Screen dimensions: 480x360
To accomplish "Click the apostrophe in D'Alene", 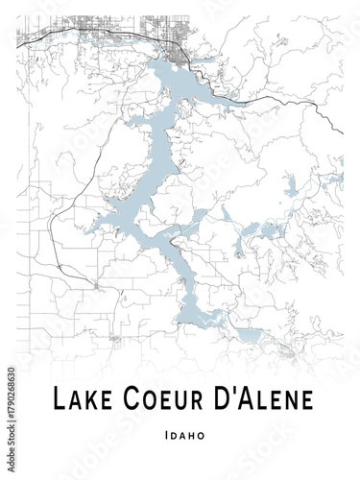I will pos(226,392).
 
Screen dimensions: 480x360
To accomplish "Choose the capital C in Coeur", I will pos(123,398).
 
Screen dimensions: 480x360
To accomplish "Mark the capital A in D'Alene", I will pos(239,398).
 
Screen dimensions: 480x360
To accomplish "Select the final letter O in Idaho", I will pos(201,435).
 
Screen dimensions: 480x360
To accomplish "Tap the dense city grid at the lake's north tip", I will pos(179,44).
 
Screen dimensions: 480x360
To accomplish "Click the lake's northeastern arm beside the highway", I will pos(227,96).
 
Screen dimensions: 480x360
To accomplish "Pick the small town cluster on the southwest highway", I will pos(96,284).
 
